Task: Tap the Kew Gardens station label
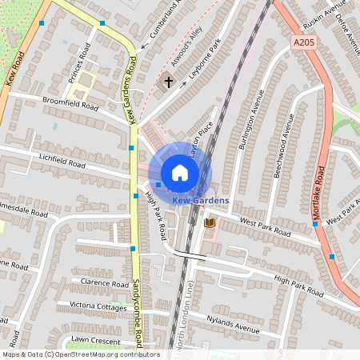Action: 200,200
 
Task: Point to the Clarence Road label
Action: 104,283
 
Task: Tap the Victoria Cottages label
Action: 98,306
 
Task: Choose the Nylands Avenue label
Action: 233,323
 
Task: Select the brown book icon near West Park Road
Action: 210,222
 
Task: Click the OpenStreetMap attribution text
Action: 80,354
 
